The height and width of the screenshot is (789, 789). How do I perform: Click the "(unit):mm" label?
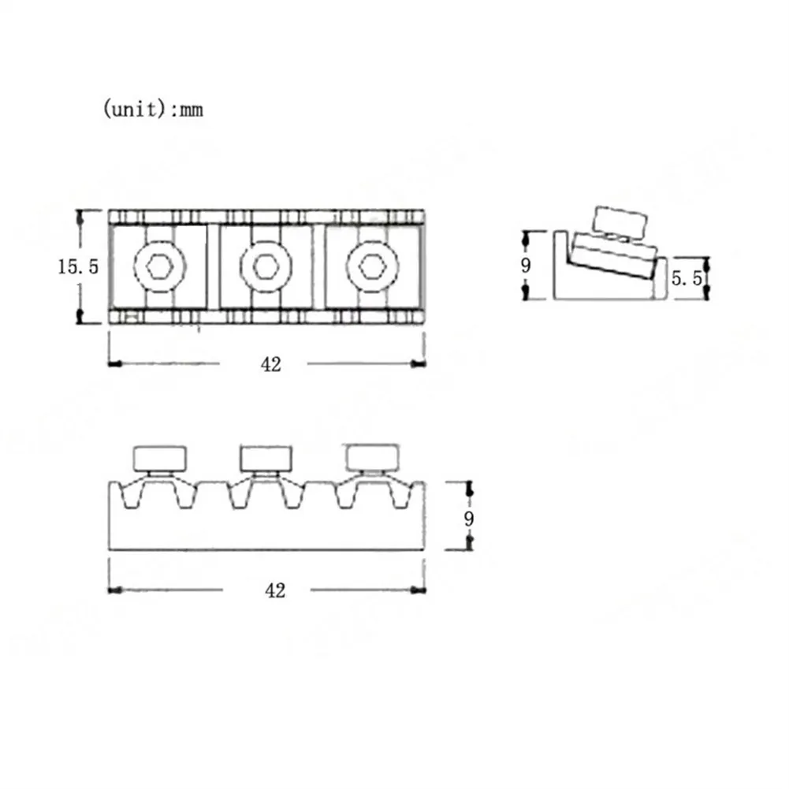point(153,110)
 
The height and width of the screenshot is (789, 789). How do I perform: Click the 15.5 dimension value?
point(77,266)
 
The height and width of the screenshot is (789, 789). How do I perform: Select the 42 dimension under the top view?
point(270,364)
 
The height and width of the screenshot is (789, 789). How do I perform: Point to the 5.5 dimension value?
point(685,278)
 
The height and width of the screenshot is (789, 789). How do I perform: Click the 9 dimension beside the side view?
point(526,266)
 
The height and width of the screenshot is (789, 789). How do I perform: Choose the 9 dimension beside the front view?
point(468,519)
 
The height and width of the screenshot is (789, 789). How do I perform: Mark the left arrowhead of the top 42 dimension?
point(114,364)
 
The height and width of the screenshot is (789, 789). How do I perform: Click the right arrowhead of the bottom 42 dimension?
point(419,590)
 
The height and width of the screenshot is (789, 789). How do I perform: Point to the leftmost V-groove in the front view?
point(132,497)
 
